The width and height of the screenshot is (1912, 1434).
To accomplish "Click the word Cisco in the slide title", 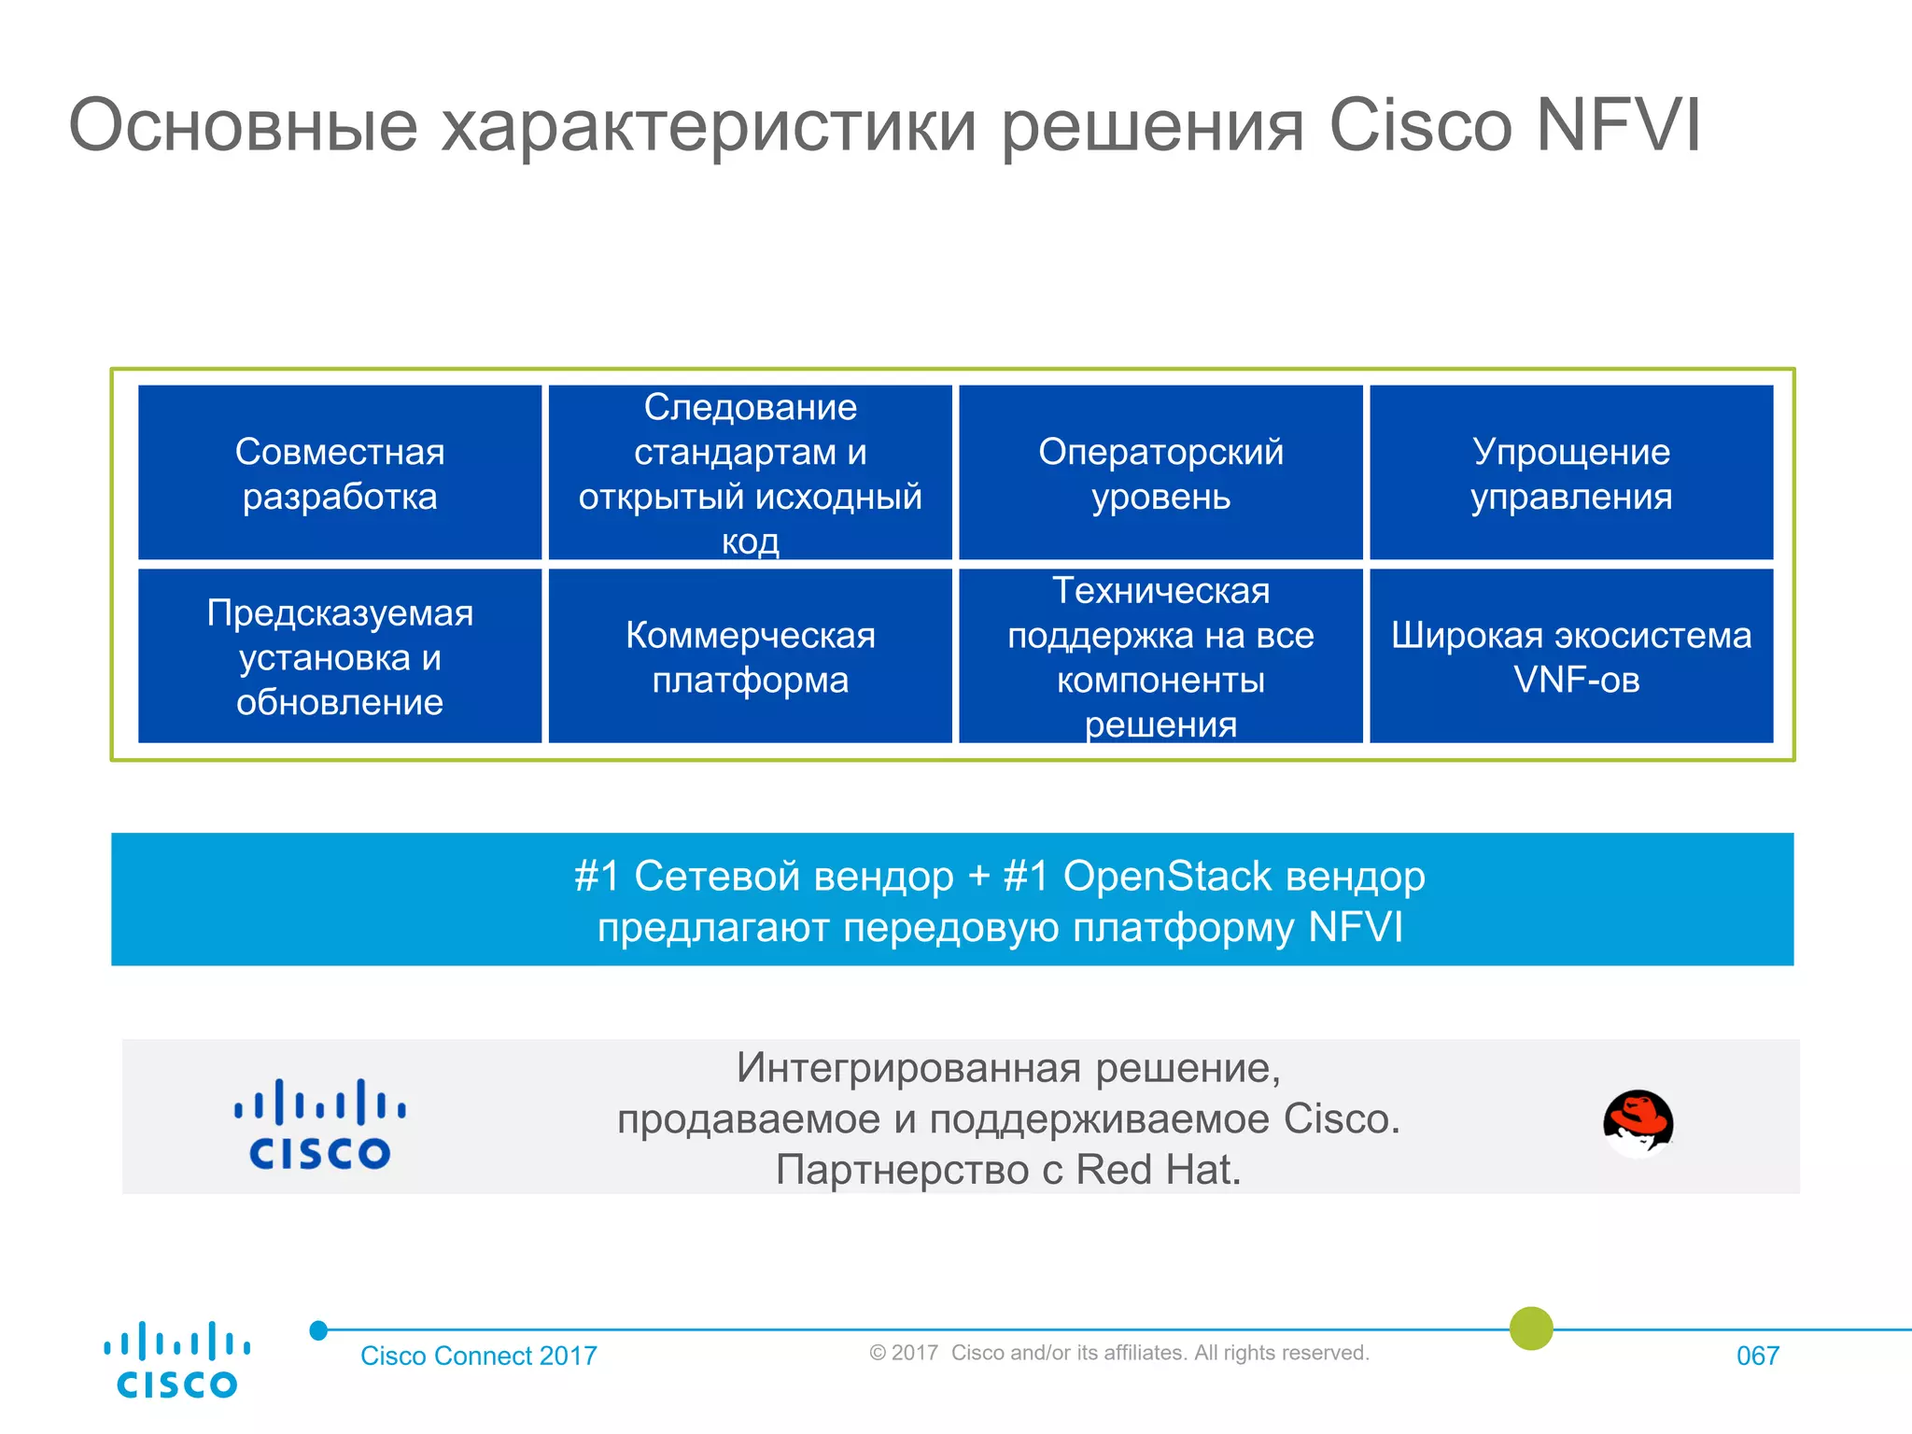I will click(x=1419, y=125).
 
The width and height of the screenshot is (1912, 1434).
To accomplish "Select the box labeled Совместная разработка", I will click(x=340, y=472).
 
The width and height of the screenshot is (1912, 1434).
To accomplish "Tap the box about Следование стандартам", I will click(x=750, y=472).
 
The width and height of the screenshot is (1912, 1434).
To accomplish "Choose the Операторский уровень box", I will click(x=1160, y=472).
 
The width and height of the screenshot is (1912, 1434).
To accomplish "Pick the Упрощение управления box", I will click(x=1571, y=472).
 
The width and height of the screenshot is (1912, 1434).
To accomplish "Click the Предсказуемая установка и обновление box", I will click(x=340, y=656).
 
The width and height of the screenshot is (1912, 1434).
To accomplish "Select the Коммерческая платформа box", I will click(x=750, y=656).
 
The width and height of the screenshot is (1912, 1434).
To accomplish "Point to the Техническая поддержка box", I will click(x=1160, y=656).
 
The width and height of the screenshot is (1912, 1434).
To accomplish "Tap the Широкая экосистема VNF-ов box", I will click(x=1571, y=656).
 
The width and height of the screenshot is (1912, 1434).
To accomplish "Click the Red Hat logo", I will click(x=1638, y=1122).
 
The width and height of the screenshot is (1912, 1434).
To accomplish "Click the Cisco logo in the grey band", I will click(x=319, y=1124).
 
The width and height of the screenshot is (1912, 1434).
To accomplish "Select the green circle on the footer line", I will click(x=1531, y=1328).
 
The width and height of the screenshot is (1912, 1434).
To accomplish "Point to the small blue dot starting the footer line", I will click(x=318, y=1330).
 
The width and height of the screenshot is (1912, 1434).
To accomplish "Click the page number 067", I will click(x=1757, y=1356).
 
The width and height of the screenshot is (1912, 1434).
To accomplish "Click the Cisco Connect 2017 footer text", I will click(x=478, y=1356).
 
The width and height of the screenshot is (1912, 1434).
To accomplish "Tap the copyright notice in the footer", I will click(x=1118, y=1353).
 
